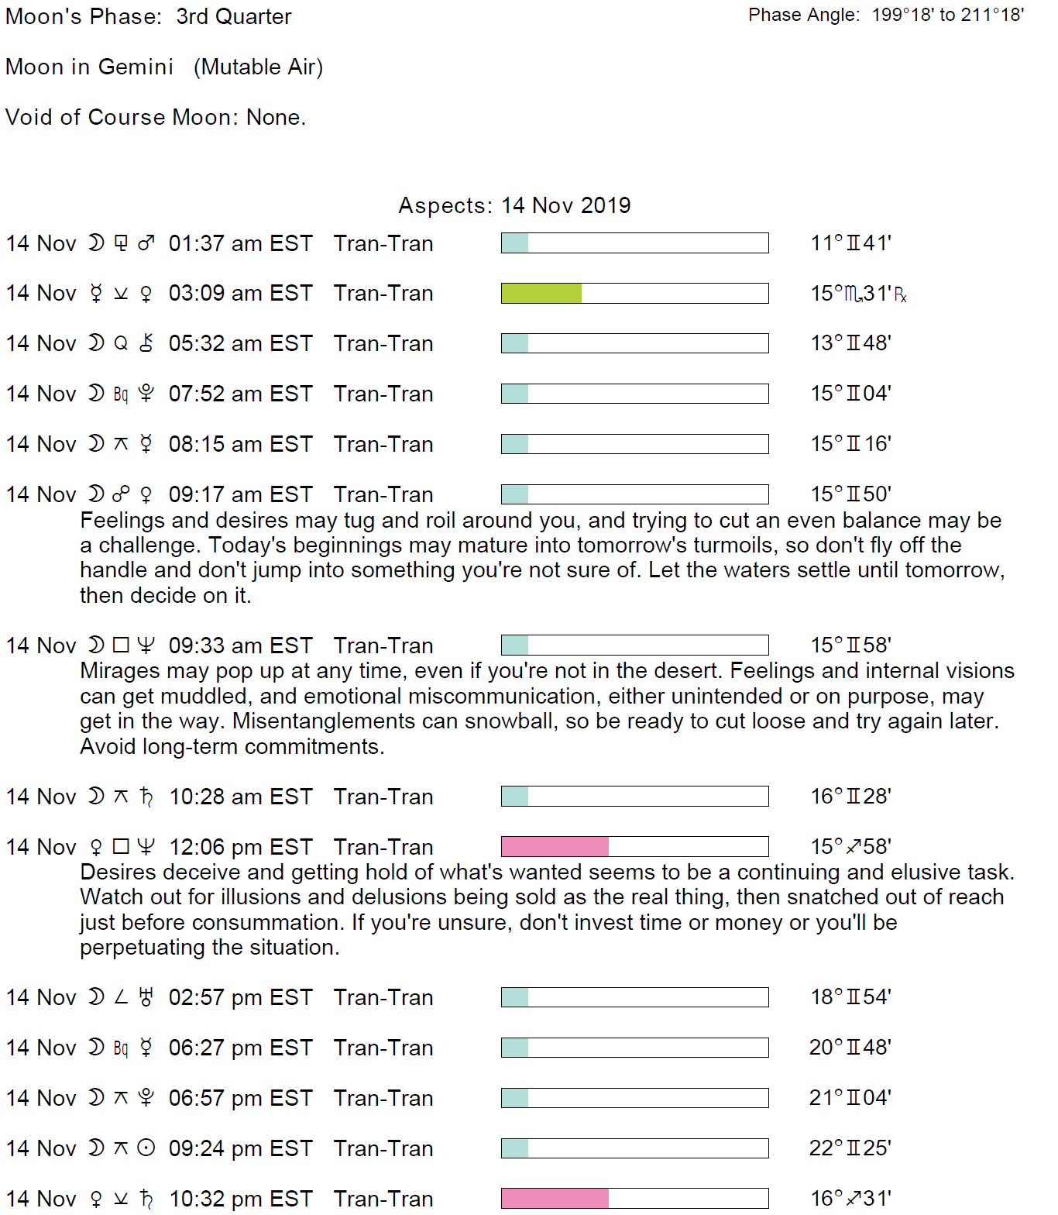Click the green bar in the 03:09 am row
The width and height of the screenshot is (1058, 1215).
click(541, 293)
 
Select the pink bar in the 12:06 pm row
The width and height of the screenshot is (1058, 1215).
click(555, 846)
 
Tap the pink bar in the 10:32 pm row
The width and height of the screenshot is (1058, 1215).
click(555, 1198)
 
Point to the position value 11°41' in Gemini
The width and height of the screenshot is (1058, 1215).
click(850, 243)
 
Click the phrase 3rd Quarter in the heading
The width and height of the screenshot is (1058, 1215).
click(233, 16)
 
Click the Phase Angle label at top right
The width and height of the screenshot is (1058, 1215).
click(803, 15)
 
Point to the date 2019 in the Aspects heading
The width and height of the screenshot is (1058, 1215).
click(605, 205)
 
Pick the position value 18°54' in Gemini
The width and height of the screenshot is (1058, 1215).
click(850, 997)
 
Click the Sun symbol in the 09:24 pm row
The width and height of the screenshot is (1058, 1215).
click(146, 1148)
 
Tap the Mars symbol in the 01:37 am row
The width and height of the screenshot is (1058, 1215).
click(146, 243)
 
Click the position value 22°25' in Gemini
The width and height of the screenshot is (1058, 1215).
click(850, 1148)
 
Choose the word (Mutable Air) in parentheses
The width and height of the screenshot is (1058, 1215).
click(258, 67)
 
